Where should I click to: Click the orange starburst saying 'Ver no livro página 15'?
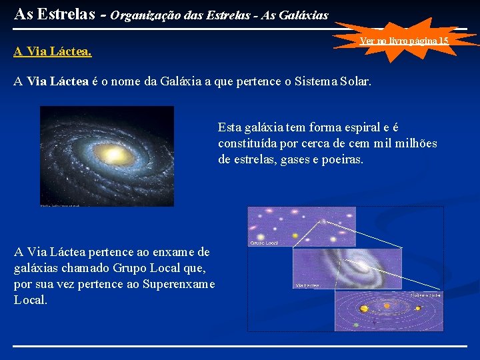pyautogui.click(x=404, y=41)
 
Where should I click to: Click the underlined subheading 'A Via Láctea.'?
pyautogui.click(x=53, y=51)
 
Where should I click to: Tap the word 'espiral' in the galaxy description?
pyautogui.click(x=381, y=127)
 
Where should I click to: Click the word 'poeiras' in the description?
pyautogui.click(x=341, y=159)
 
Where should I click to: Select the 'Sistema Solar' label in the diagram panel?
pyautogui.click(x=425, y=294)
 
